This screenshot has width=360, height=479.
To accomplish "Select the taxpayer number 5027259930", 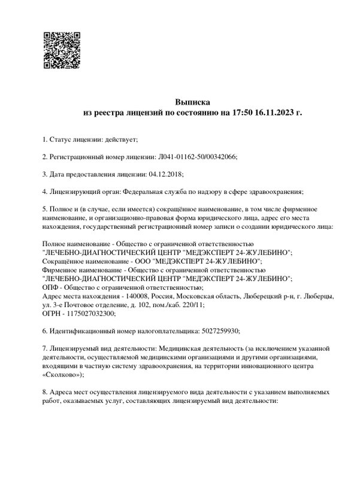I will [220, 331].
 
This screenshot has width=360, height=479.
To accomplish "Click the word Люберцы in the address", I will [314, 296].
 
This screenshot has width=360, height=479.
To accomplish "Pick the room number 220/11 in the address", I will [191, 305].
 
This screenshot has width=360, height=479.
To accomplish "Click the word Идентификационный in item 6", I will [84, 331].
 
